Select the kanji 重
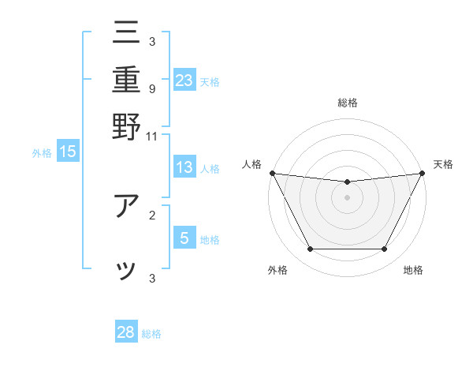(126, 81)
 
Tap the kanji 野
(126, 126)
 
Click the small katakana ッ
(126, 271)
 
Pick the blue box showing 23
(184, 81)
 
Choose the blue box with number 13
(184, 167)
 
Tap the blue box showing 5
(184, 238)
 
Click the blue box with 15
(68, 152)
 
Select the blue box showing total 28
(126, 332)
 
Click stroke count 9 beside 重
(151, 88)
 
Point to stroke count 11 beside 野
(151, 135)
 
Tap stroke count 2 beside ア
(151, 214)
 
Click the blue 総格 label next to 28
(152, 333)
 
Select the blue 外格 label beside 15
(42, 153)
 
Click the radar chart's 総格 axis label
(348, 103)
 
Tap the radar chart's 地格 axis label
(413, 271)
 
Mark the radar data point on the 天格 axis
(423, 173)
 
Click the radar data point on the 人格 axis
(273, 173)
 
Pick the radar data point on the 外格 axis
(310, 249)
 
